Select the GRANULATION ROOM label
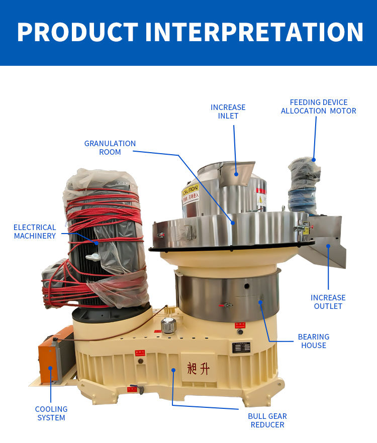(110, 148)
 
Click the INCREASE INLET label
(228, 112)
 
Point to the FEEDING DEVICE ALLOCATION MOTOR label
(318, 106)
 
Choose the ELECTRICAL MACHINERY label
(35, 232)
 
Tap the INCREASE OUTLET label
(328, 302)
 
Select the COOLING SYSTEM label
(51, 413)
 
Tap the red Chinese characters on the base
(197, 369)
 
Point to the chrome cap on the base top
(168, 325)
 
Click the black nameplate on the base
(241, 347)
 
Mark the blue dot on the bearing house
(260, 302)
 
